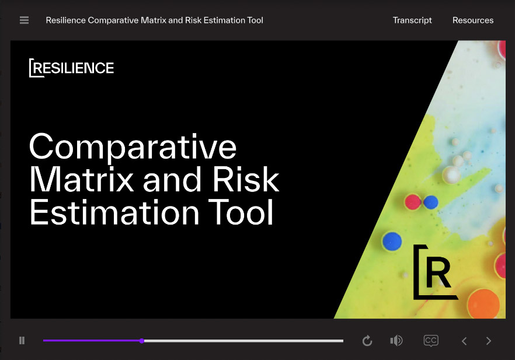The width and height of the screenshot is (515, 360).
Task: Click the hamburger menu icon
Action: pos(25,20)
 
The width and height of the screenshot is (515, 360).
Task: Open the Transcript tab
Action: pos(412,20)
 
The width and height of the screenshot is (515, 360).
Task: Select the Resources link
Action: pos(473,20)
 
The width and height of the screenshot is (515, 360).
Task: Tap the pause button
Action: pos(22,341)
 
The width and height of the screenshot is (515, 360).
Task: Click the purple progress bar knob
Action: pos(141,341)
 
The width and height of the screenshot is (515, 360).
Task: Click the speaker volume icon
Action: pos(396,341)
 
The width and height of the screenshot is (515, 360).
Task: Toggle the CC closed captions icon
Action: pos(431,341)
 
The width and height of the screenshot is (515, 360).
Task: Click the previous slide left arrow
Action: pos(464,341)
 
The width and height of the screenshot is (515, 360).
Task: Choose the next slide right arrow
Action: pos(489,341)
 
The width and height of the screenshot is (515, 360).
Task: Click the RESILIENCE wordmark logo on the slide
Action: pos(72,68)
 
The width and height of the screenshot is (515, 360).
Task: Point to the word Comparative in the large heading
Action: pos(133,148)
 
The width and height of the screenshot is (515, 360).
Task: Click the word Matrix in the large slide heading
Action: pos(82,179)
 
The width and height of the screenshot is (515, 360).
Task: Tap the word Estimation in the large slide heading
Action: pos(114,212)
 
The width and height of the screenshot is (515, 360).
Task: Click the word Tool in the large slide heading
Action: pos(241,212)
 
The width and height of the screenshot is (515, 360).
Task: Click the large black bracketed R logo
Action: pos(435,272)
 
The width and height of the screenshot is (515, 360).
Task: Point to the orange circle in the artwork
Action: pos(483,303)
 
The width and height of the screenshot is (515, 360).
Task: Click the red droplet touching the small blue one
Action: pos(413,202)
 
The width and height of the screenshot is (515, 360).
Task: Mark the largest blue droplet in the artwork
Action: pos(392,241)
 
